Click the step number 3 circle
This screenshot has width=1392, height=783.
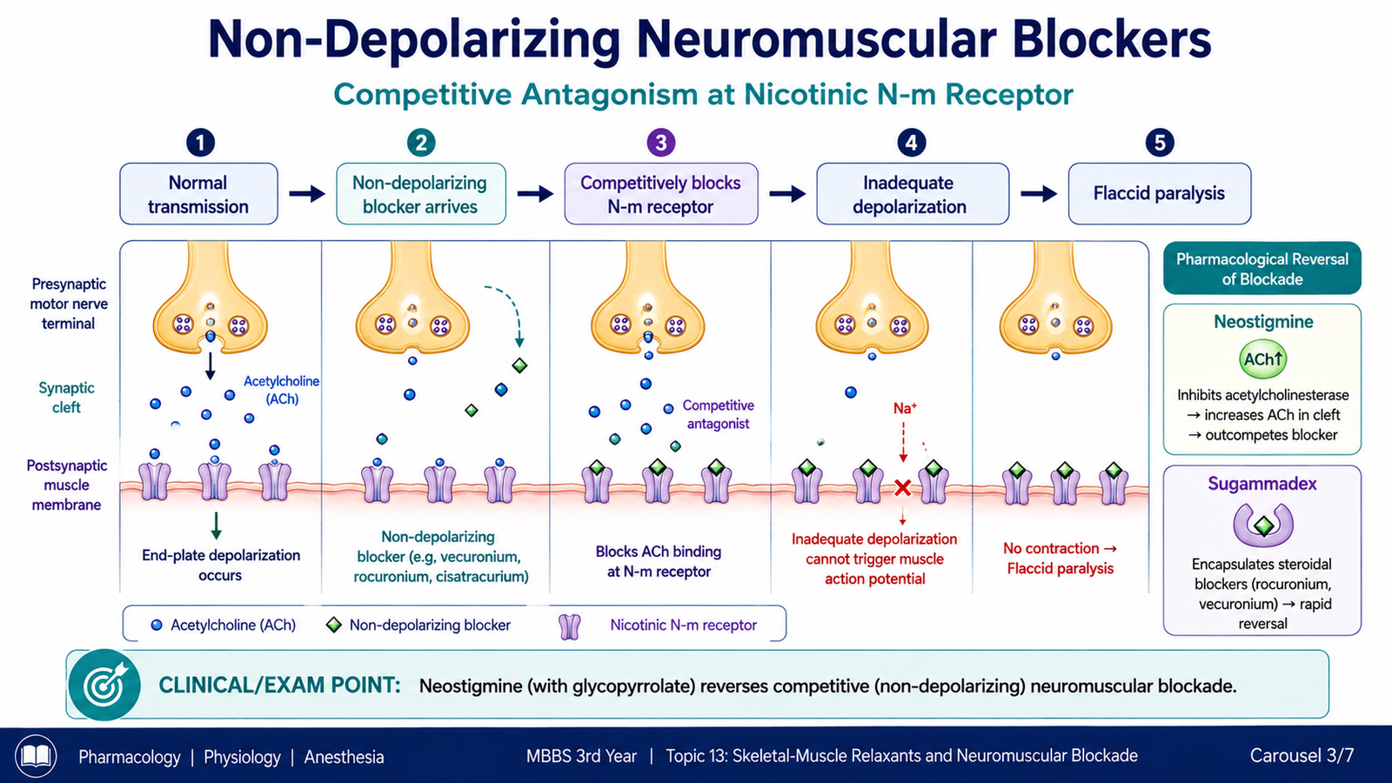point(660,143)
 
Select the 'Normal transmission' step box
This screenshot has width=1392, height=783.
point(198,194)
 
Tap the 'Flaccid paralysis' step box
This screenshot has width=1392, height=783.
point(1160,194)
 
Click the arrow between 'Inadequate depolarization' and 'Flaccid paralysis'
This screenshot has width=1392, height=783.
point(1039,194)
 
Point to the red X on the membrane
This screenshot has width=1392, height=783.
point(902,488)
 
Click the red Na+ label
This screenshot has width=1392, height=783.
point(905,408)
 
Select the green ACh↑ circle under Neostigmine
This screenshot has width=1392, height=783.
point(1262,359)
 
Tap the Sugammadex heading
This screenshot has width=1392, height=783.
point(1262,484)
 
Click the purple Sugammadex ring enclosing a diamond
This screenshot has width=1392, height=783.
point(1262,525)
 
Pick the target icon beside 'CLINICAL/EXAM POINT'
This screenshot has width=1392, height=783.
point(104,685)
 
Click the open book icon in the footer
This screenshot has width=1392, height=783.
point(36,756)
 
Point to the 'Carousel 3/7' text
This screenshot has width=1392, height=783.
point(1302,756)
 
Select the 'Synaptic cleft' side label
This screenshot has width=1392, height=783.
point(66,398)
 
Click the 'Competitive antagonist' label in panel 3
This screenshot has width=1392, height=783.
point(719,414)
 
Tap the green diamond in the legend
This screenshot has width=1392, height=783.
point(334,625)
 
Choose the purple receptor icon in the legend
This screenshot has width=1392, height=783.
point(569,626)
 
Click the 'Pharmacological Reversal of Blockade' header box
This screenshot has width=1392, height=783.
point(1262,269)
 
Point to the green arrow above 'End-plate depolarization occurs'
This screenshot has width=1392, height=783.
point(216,525)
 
